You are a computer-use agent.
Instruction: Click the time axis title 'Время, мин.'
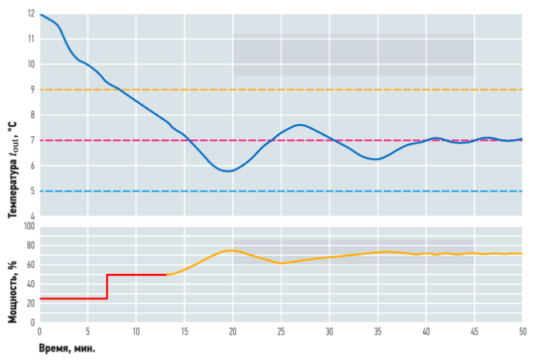67,348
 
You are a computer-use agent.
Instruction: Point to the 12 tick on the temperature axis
31,14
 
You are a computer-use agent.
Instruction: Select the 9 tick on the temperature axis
32,90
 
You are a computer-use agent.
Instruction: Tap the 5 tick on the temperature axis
32,192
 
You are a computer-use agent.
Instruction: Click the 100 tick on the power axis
29,227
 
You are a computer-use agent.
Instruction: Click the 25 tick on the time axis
281,332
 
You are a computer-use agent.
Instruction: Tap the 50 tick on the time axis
522,332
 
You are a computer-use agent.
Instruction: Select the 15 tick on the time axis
185,332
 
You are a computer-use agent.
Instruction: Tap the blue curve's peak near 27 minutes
299,125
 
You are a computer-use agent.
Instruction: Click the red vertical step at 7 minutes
107,286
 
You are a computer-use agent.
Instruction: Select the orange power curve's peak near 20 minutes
231,250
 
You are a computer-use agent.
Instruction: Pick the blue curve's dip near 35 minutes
375,159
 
